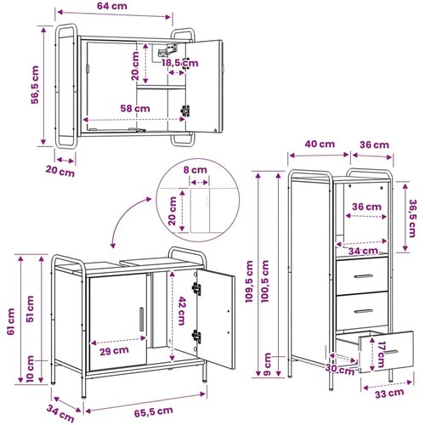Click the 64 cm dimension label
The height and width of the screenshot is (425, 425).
click(x=112, y=6)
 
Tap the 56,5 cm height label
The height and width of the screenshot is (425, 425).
click(x=35, y=85)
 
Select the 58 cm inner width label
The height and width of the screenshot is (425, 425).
click(x=135, y=109)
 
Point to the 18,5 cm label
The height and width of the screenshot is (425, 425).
click(x=180, y=63)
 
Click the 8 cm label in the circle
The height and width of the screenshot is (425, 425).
click(x=195, y=170)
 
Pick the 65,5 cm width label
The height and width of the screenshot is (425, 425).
click(x=154, y=411)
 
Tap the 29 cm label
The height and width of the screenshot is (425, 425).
click(x=114, y=351)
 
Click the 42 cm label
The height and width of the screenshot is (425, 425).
click(x=182, y=311)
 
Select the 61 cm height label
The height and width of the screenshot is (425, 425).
click(x=11, y=321)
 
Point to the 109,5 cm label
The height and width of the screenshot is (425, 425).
click(x=249, y=281)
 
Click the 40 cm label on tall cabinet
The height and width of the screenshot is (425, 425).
click(x=320, y=144)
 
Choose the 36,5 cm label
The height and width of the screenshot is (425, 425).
click(x=412, y=218)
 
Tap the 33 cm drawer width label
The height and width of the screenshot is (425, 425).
click(x=389, y=394)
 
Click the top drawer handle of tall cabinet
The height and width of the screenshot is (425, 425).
click(x=363, y=276)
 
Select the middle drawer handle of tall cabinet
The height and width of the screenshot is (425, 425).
click(x=363, y=311)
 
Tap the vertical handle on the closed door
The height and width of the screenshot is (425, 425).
click(x=142, y=319)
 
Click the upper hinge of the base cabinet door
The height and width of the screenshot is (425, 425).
click(x=196, y=288)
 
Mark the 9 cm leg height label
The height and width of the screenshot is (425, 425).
click(x=267, y=365)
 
